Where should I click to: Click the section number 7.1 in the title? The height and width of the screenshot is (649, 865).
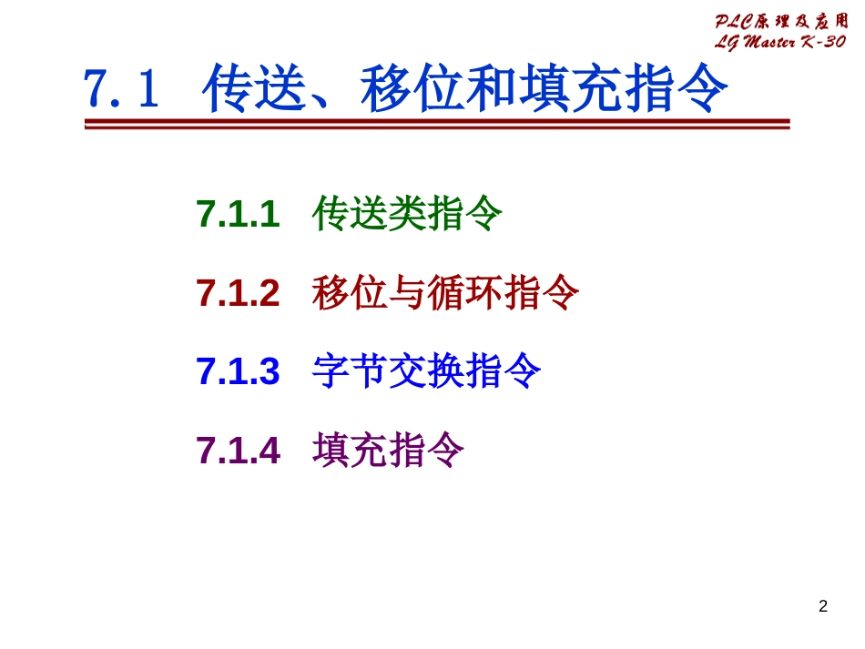pyautogui.click(x=121, y=88)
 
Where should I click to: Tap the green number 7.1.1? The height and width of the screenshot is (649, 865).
pyautogui.click(x=238, y=213)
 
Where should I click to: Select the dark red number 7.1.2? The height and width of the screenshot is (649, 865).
pyautogui.click(x=238, y=292)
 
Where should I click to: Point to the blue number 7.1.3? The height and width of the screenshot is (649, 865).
pyautogui.click(x=238, y=371)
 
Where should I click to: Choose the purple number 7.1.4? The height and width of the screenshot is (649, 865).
pyautogui.click(x=238, y=450)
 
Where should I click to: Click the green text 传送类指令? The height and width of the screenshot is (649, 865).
pyautogui.click(x=407, y=213)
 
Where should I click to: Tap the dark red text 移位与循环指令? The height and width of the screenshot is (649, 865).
pyautogui.click(x=445, y=292)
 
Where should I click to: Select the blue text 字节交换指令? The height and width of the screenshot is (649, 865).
pyautogui.click(x=426, y=371)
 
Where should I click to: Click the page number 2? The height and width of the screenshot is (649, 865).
pyautogui.click(x=823, y=606)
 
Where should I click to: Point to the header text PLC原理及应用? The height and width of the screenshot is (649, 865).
pyautogui.click(x=781, y=22)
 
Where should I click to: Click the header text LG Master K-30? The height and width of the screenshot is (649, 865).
pyautogui.click(x=780, y=41)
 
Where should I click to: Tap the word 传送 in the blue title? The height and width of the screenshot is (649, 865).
pyautogui.click(x=255, y=87)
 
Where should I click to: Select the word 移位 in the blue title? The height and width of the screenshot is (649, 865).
pyautogui.click(x=412, y=87)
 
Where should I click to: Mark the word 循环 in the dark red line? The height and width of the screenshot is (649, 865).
pyautogui.click(x=464, y=292)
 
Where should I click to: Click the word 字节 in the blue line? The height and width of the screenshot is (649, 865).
pyautogui.click(x=351, y=371)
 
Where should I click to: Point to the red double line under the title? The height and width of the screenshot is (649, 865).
pyautogui.click(x=437, y=124)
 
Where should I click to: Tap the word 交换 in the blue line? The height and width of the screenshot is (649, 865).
pyautogui.click(x=426, y=371)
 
